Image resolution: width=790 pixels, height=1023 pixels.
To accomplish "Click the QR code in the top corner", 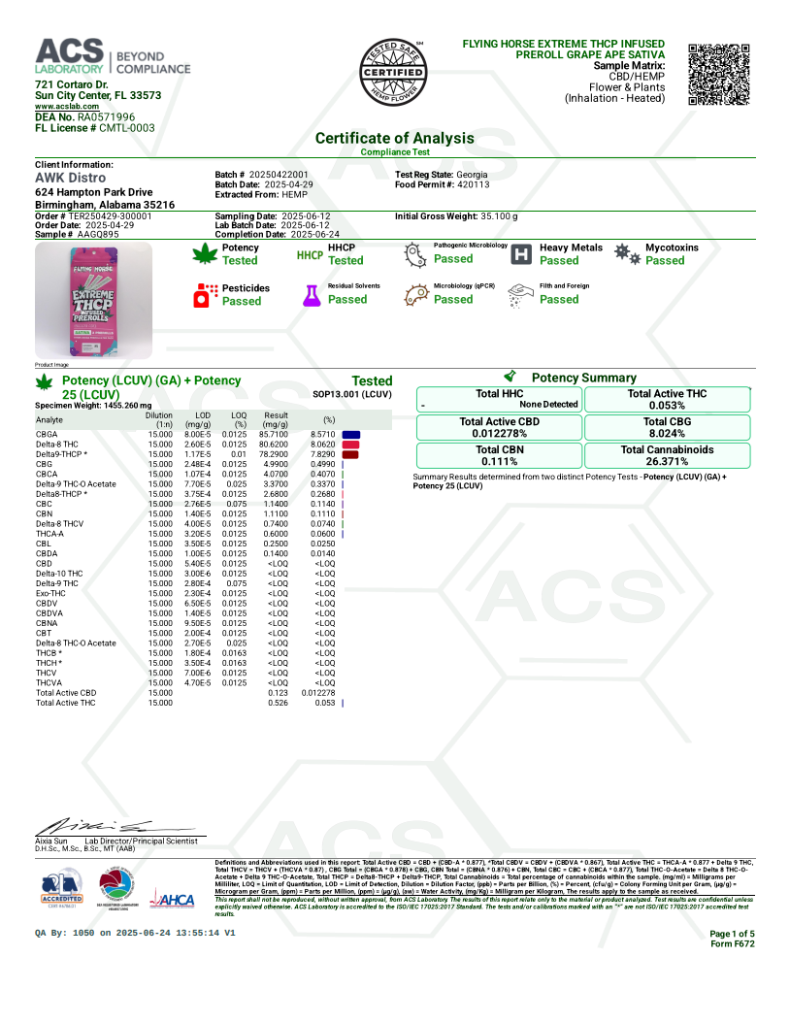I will click(x=719, y=74).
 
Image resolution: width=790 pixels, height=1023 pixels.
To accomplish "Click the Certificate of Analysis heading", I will click(x=394, y=138).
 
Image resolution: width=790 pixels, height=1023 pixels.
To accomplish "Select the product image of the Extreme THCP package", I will click(x=93, y=300).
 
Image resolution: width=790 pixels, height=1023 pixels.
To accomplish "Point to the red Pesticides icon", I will click(x=205, y=295).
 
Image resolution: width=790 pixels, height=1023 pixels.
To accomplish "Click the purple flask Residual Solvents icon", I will click(x=311, y=295).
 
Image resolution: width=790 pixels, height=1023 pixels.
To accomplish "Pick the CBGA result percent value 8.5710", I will click(x=322, y=434).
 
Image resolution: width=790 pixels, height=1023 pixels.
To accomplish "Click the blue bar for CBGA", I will click(x=351, y=434).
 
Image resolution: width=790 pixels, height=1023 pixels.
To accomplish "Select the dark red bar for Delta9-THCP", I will click(x=350, y=454).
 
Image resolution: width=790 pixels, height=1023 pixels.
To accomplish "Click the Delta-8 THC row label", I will click(x=58, y=444).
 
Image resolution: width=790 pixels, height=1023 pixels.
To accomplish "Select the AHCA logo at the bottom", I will click(x=175, y=901).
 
